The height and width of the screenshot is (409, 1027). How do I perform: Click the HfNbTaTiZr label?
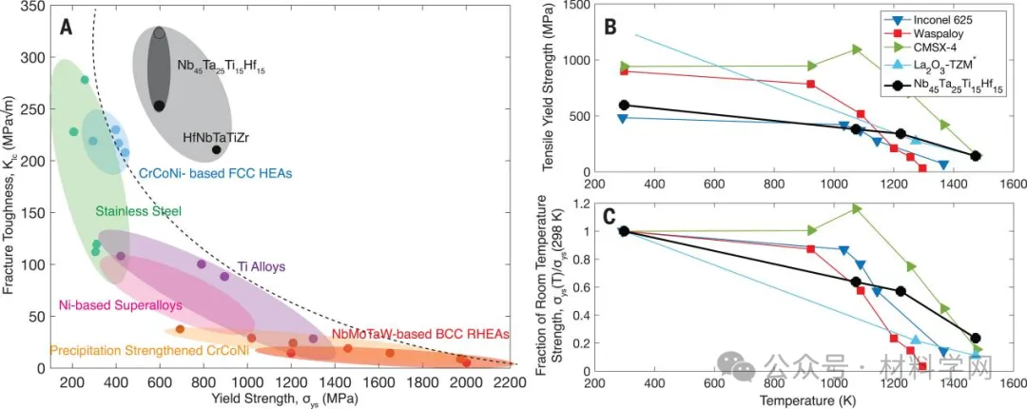pyautogui.click(x=216, y=137)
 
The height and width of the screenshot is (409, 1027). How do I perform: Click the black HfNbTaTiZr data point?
pyautogui.click(x=216, y=149)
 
